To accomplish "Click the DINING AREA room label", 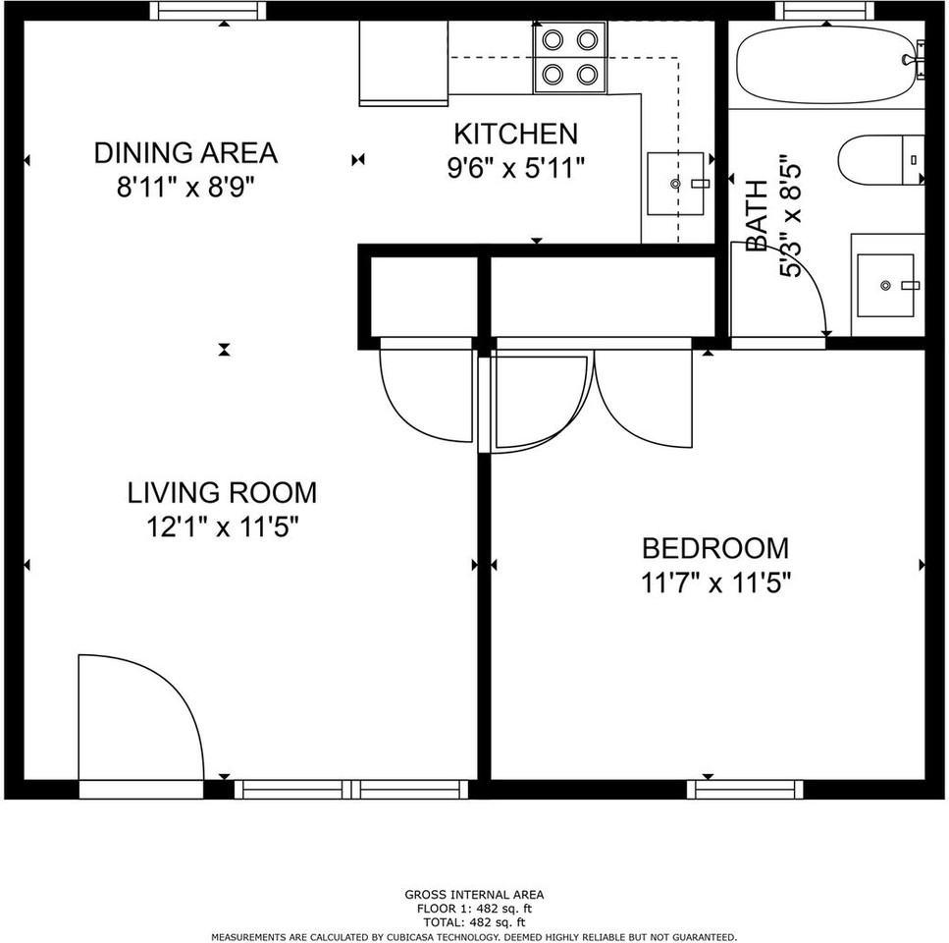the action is (x=185, y=152).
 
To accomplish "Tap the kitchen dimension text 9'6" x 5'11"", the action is (x=516, y=168).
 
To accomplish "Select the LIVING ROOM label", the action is (x=222, y=492).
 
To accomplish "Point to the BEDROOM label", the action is (x=715, y=548).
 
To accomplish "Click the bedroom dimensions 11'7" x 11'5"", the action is (x=716, y=583).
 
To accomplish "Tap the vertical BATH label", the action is (x=757, y=215).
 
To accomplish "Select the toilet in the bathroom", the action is (x=881, y=160).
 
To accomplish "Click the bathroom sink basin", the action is (x=885, y=285).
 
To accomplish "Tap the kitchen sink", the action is (x=675, y=184).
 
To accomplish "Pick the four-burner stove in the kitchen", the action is (x=569, y=58).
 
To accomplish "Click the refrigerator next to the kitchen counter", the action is (x=403, y=63).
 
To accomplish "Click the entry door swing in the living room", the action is (x=141, y=718).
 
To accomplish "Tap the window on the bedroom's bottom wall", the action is (x=745, y=789).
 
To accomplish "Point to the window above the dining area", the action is (x=208, y=10).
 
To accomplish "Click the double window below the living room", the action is (x=351, y=789).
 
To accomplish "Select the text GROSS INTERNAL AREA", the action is (x=474, y=895).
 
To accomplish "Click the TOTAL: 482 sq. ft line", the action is (x=474, y=922).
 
